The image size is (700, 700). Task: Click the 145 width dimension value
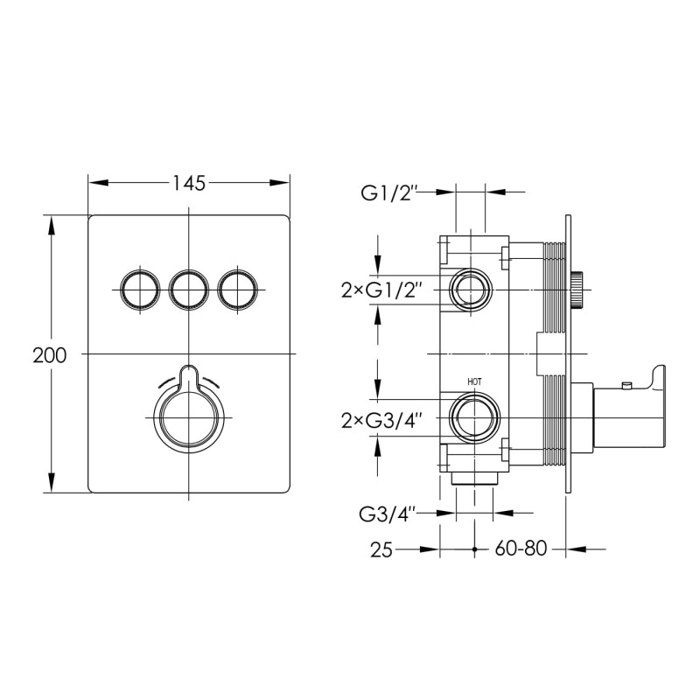click(189, 183)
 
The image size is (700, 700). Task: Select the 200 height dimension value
click(50, 355)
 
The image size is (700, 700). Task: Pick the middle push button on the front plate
click(189, 289)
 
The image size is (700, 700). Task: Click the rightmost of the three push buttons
click(239, 289)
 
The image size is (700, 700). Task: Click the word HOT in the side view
click(474, 381)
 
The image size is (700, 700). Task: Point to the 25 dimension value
click(381, 549)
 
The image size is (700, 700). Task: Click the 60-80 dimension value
click(521, 549)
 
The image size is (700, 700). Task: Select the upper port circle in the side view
click(472, 289)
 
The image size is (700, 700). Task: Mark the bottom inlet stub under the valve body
click(473, 479)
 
